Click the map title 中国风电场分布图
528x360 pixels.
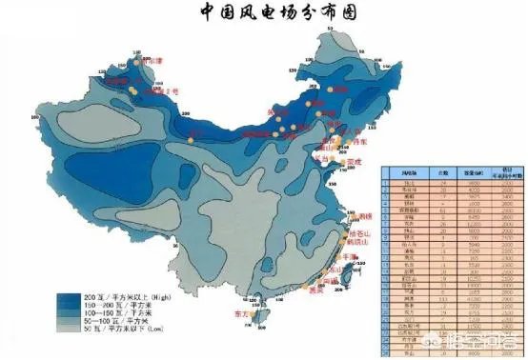[x=271, y=12]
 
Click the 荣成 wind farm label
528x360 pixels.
[x=355, y=163]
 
